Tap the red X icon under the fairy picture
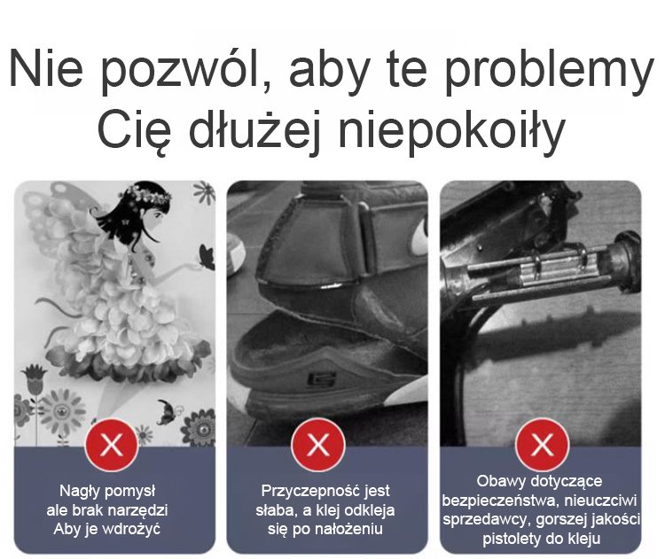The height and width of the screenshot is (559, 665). tap(112, 445)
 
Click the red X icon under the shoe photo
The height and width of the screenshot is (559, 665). tap(318, 445)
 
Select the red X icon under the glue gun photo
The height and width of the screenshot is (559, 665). tap(542, 445)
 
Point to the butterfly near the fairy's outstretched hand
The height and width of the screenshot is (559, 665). tap(207, 257)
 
